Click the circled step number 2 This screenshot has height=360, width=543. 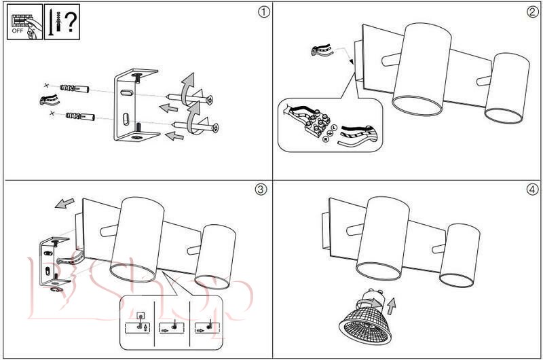click(x=532, y=12)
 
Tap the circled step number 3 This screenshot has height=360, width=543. click(x=260, y=190)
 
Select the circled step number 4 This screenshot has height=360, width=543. click(x=531, y=190)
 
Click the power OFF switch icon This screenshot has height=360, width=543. click(x=22, y=24)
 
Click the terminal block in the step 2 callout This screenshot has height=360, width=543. click(x=316, y=126)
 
